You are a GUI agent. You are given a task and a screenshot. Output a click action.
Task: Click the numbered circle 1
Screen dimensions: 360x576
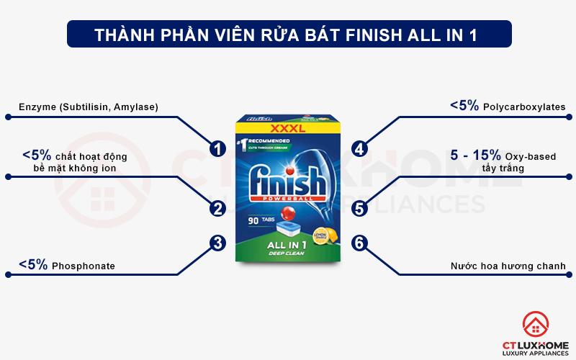tap(217, 149)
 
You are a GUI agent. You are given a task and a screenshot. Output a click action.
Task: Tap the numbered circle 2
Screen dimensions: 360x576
tap(217, 209)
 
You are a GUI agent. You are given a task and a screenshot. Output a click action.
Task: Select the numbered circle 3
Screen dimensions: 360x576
tap(217, 243)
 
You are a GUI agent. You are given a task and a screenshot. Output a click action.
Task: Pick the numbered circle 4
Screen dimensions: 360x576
tap(360, 149)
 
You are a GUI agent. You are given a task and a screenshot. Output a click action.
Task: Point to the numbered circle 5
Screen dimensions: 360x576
tap(360, 209)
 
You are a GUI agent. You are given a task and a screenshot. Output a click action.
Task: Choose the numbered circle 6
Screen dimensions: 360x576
tap(360, 243)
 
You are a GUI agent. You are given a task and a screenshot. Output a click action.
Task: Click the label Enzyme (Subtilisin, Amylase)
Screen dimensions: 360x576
tap(89, 107)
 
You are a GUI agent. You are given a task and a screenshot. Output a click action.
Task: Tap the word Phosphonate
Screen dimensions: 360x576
tap(83, 266)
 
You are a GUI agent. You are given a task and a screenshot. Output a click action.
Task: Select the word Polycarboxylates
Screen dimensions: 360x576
tap(524, 107)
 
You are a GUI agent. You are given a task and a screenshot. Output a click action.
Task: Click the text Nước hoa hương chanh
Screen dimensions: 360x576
tap(507, 266)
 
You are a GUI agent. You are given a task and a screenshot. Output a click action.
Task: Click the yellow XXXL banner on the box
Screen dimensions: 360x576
tap(288, 130)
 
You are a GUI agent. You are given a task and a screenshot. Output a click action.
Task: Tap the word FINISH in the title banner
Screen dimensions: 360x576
tap(381, 35)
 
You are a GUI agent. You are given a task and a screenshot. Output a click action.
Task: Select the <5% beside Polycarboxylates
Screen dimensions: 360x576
tap(464, 106)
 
